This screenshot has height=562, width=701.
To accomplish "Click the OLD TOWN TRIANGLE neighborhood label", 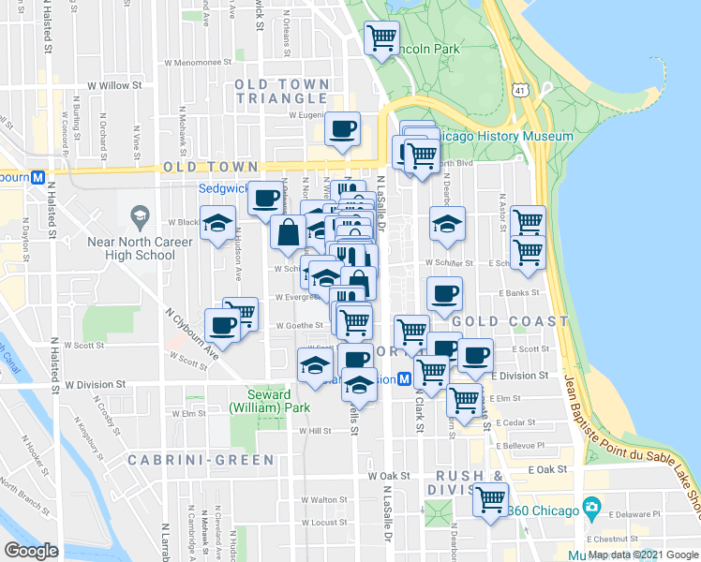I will pyautogui.click(x=282, y=91).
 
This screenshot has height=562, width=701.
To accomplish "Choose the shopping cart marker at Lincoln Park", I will pyautogui.click(x=381, y=38).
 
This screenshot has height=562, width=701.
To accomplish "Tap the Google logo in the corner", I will pyautogui.click(x=31, y=551).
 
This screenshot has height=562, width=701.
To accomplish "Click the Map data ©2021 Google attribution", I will pyautogui.click(x=643, y=555).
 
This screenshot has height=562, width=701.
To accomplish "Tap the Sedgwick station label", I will pyautogui.click(x=222, y=187).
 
